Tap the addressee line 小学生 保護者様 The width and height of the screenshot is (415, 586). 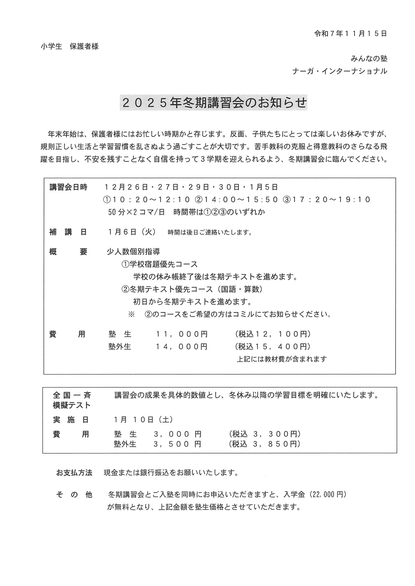[x=70, y=47]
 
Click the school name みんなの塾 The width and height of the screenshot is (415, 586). [x=369, y=59]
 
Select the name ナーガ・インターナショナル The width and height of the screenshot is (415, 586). [x=339, y=71]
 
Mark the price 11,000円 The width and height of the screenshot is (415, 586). [x=182, y=334]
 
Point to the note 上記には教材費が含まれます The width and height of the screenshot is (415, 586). [x=282, y=359]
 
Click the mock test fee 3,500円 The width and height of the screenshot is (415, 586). [x=177, y=444]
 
